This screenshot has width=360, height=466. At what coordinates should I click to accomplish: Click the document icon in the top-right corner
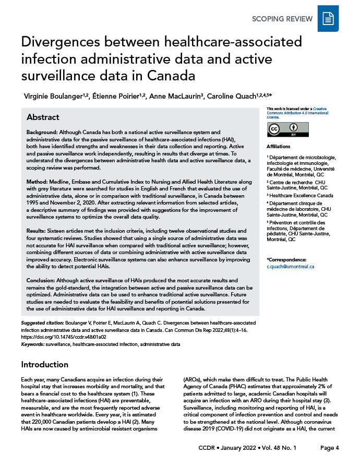click(x=328, y=19)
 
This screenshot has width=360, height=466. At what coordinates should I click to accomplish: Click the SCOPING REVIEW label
click(x=282, y=19)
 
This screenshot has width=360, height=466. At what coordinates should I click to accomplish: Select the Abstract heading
click(x=43, y=117)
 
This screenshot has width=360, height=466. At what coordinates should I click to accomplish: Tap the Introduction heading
click(x=44, y=364)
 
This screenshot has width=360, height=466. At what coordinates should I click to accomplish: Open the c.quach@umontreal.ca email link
click(x=290, y=267)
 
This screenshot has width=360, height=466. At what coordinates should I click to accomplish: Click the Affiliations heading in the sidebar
click(x=279, y=147)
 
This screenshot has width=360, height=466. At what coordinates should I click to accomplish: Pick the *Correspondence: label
click(x=286, y=259)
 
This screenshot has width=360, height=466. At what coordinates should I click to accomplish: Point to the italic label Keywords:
click(x=32, y=344)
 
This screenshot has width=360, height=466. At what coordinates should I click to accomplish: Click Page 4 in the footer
click(x=330, y=448)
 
